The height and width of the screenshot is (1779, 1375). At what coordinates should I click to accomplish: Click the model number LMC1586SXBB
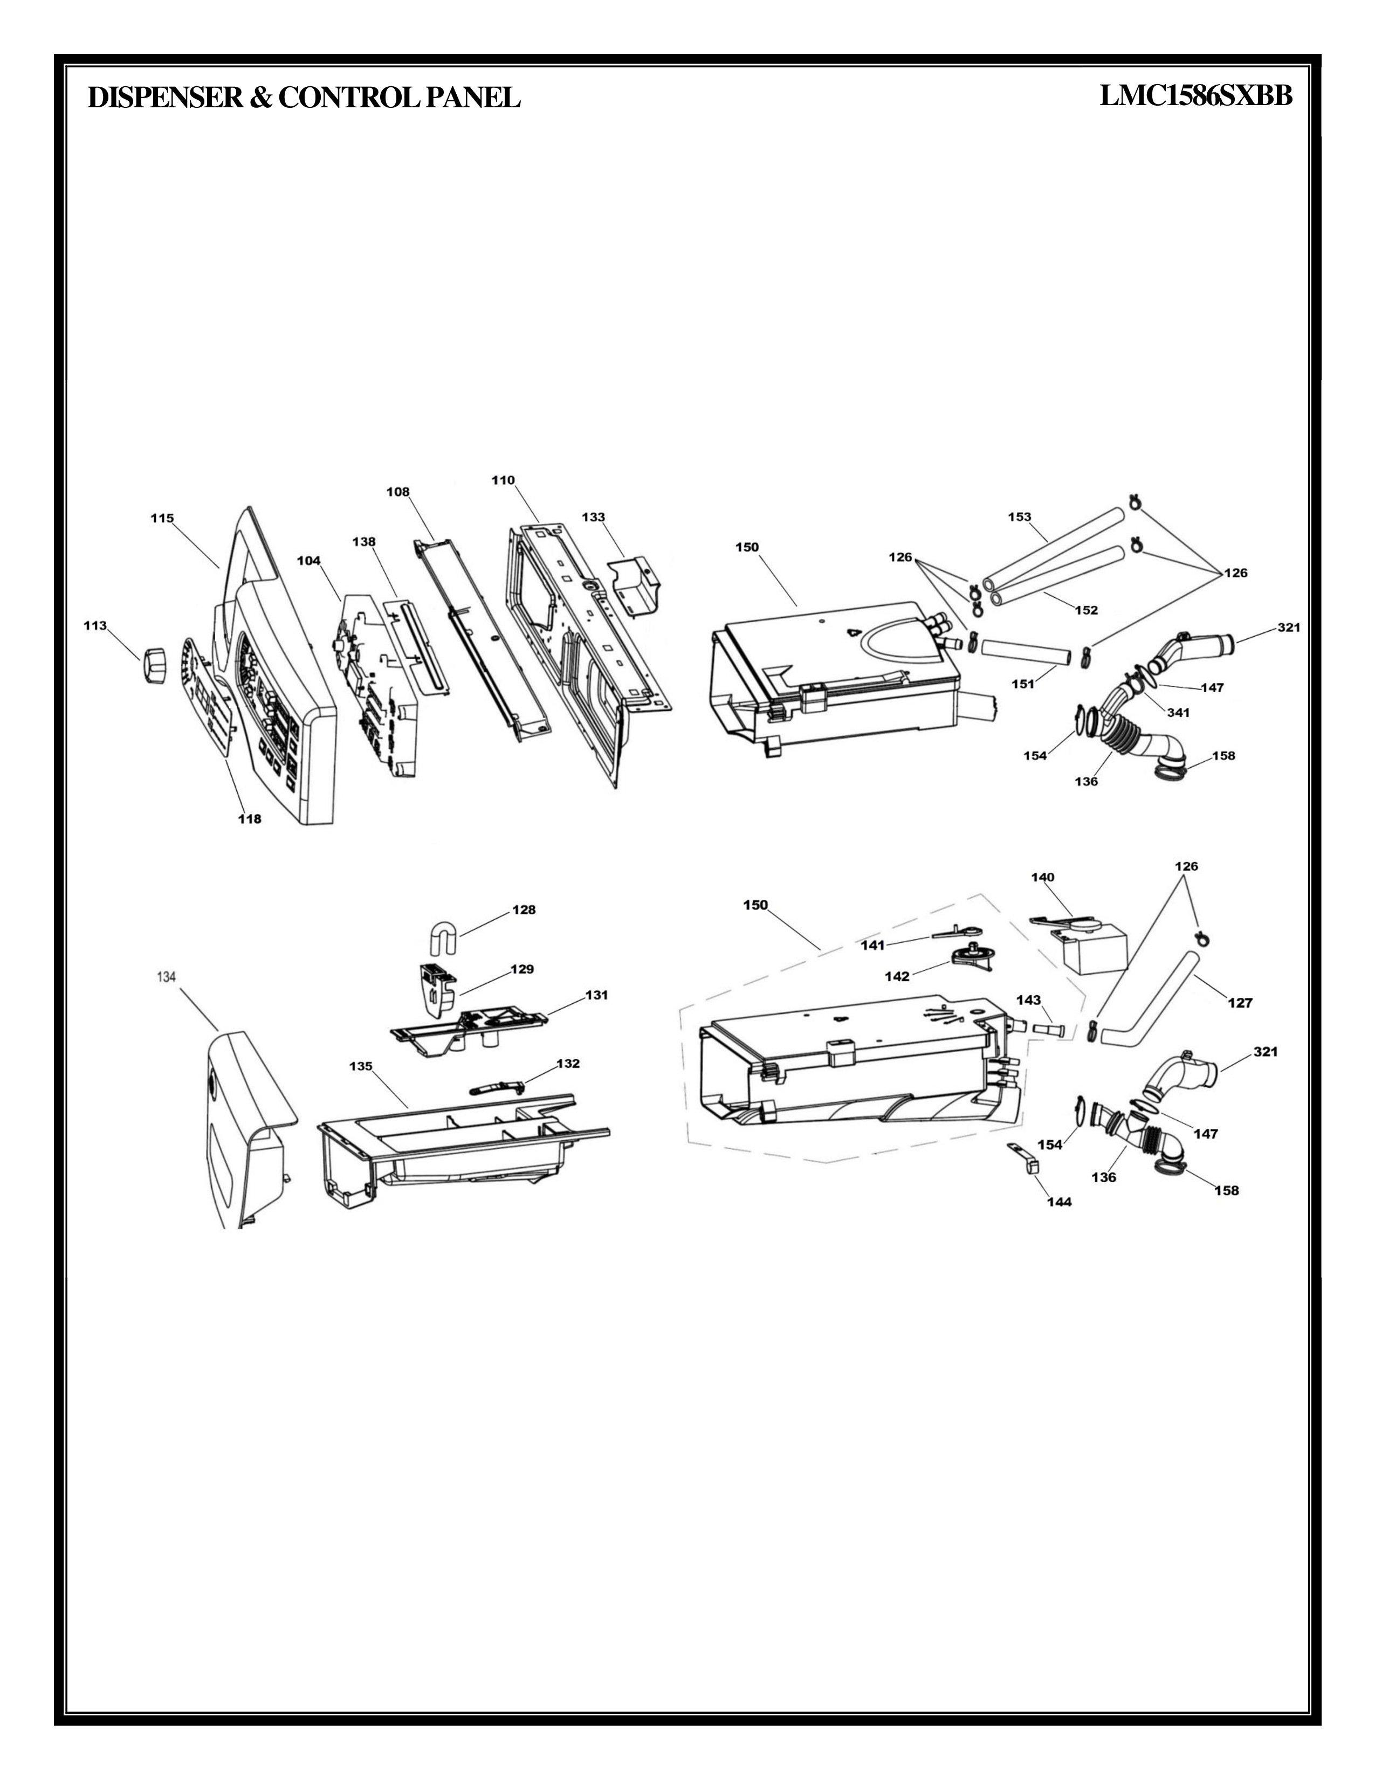click(1196, 97)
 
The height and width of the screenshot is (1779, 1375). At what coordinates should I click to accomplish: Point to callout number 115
click(162, 518)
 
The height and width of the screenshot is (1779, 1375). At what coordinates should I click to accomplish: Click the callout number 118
click(249, 819)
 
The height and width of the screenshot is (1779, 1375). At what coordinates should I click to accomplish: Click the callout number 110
click(503, 480)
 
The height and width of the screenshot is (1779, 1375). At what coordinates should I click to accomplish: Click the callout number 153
click(1019, 516)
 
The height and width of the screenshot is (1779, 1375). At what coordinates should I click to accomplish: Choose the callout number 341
click(1178, 712)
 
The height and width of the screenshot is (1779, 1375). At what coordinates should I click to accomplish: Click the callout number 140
click(1043, 877)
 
